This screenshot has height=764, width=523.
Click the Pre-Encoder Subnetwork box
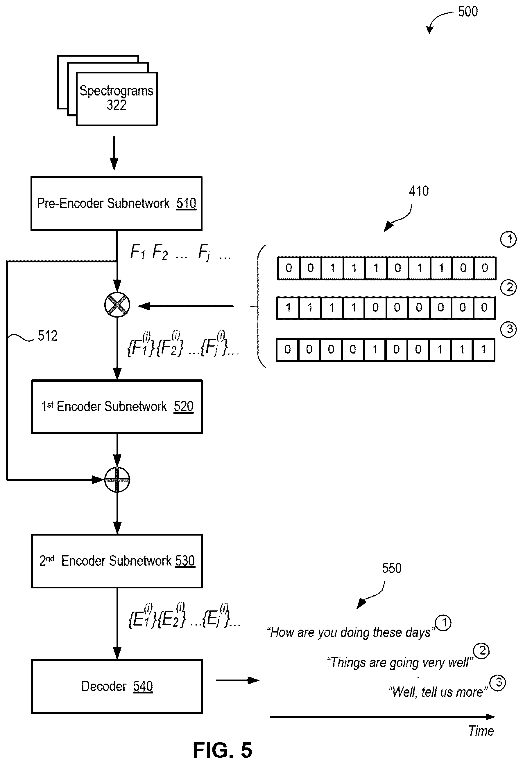tap(117, 203)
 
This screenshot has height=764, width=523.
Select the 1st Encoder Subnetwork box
tap(117, 407)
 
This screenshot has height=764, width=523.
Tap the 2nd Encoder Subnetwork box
tap(117, 561)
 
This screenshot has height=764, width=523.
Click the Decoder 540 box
tap(117, 686)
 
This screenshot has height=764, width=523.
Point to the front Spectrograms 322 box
tap(117, 99)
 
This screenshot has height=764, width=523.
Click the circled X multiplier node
tap(117, 305)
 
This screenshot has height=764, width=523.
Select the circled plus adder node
tap(117, 480)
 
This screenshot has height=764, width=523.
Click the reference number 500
tap(468, 12)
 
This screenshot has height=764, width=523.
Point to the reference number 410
tap(419, 191)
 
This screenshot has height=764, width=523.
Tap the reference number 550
tap(392, 568)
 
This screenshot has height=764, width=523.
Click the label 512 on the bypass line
tap(48, 336)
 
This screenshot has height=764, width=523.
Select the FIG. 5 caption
tap(223, 750)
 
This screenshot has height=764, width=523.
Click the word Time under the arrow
tap(481, 731)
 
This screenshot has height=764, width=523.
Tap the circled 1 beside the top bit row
tap(508, 239)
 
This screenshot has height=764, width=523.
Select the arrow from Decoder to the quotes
tap(237, 680)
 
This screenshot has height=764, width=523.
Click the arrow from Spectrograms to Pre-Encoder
tap(114, 153)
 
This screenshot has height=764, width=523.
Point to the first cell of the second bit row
tap(288, 308)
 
